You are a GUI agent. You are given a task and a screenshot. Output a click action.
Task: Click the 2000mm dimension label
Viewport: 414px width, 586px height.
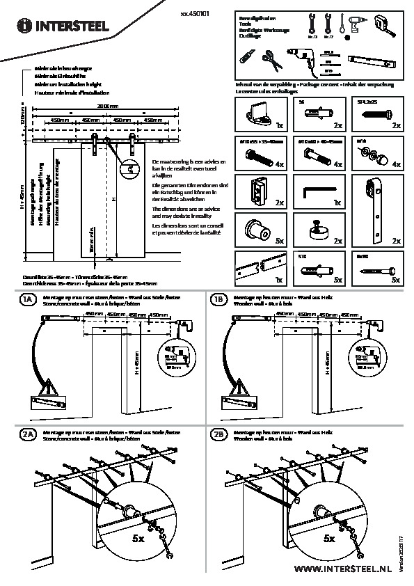pos(107,105)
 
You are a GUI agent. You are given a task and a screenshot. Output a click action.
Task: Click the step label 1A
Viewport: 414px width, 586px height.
pos(27,299)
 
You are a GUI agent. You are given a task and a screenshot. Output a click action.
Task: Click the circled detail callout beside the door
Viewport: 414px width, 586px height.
pos(129,167)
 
